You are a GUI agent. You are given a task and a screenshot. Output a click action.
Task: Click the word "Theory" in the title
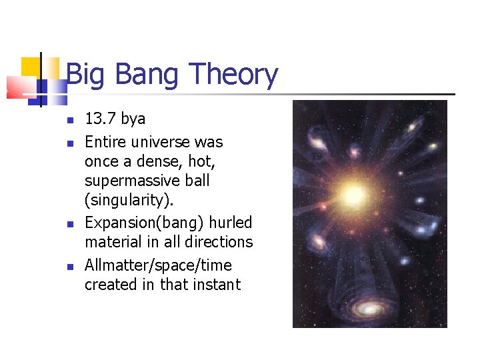233,75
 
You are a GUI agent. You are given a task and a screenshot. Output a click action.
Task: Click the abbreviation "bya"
133,119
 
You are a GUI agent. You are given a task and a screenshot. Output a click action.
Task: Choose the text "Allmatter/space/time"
158,265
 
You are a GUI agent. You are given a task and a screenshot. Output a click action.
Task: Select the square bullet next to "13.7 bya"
69,121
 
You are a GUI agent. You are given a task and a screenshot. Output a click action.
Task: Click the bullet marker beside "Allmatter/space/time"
69,267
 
